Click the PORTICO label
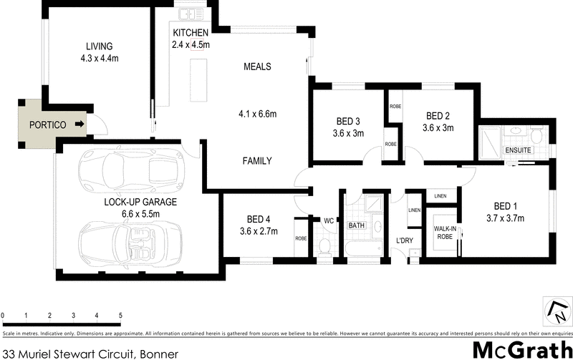coord(47,125)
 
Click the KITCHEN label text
coord(191,33)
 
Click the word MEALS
coord(257,67)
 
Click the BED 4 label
coord(257,220)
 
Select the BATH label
coord(357,225)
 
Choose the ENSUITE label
coord(517,151)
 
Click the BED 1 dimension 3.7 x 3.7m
coord(506,218)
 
